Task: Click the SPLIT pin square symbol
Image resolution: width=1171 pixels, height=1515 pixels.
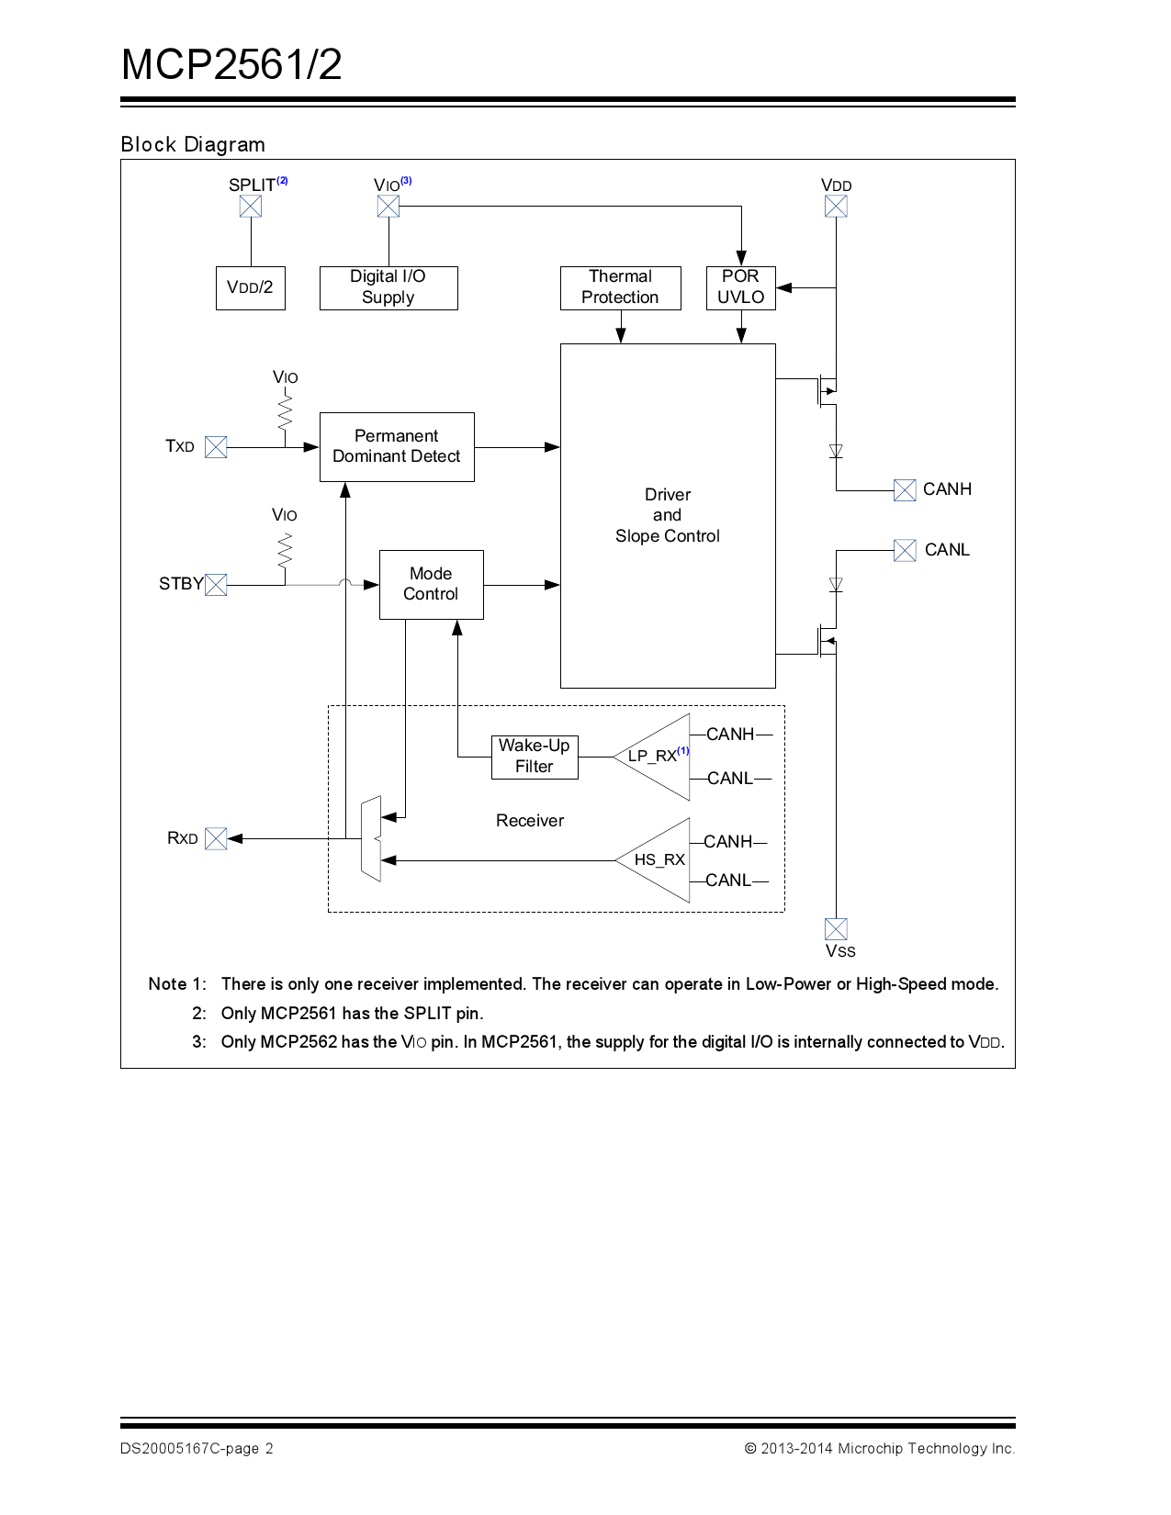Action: pyautogui.click(x=251, y=207)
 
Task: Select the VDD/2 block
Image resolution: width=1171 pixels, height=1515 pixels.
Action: pyautogui.click(x=251, y=287)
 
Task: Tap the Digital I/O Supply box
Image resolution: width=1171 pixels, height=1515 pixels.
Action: pyautogui.click(x=388, y=287)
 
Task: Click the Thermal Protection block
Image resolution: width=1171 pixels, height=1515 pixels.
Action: pyautogui.click(x=621, y=287)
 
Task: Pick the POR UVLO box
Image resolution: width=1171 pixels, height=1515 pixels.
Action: pyautogui.click(x=741, y=287)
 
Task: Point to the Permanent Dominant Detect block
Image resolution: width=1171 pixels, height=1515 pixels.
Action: pyautogui.click(x=397, y=446)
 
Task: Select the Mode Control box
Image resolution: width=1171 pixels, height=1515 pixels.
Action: pyautogui.click(x=431, y=584)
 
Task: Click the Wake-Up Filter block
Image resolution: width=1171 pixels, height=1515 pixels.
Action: pyautogui.click(x=535, y=757)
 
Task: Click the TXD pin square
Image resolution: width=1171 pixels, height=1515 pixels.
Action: pyautogui.click(x=216, y=447)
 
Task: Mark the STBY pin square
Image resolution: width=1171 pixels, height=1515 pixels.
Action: pyautogui.click(x=216, y=585)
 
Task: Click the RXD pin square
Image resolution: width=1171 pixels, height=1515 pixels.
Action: pyautogui.click(x=216, y=838)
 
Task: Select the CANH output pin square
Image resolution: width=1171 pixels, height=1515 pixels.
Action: pyautogui.click(x=905, y=490)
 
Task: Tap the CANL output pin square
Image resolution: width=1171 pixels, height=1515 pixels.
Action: pyautogui.click(x=905, y=550)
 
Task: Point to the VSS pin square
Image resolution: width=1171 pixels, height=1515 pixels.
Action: pyautogui.click(x=836, y=928)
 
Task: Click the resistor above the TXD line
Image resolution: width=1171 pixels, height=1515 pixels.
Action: pyautogui.click(x=285, y=410)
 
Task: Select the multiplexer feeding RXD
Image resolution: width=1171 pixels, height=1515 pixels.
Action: pyautogui.click(x=371, y=839)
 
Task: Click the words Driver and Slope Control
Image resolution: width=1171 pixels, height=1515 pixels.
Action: pyautogui.click(x=668, y=515)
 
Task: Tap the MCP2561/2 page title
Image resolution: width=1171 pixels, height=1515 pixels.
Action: pyautogui.click(x=231, y=65)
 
